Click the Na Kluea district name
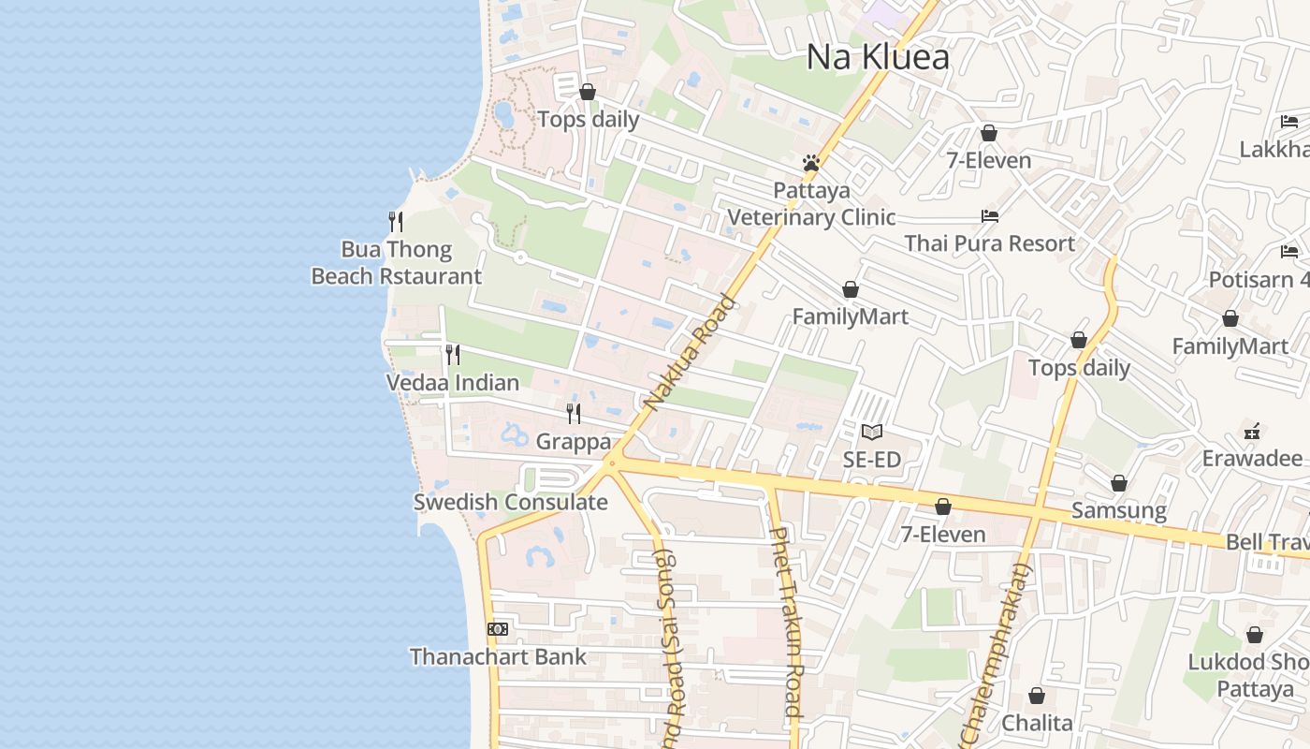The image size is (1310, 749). click(878, 57)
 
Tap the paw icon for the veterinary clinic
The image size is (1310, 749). click(811, 163)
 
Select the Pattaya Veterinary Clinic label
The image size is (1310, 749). click(811, 204)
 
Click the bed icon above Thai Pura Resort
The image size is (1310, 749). click(990, 216)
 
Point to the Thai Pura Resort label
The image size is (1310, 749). click(990, 244)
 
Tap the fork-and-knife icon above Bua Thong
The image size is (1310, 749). click(396, 222)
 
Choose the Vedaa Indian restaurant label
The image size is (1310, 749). click(453, 383)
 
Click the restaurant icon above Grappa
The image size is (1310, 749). click(574, 413)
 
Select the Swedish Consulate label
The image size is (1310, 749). click(511, 503)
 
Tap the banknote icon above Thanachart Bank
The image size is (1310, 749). click(498, 629)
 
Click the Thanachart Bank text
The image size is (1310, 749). click(498, 657)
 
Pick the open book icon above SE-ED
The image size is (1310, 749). click(872, 432)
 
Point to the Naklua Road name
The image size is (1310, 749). click(691, 352)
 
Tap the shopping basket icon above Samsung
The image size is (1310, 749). click(1119, 484)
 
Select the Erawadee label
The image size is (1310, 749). click(1252, 459)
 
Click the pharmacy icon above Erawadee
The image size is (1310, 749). click(1252, 432)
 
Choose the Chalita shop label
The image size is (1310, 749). click(1037, 724)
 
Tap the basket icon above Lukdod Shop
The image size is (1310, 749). click(1255, 636)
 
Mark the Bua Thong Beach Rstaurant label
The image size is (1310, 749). click(397, 263)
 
